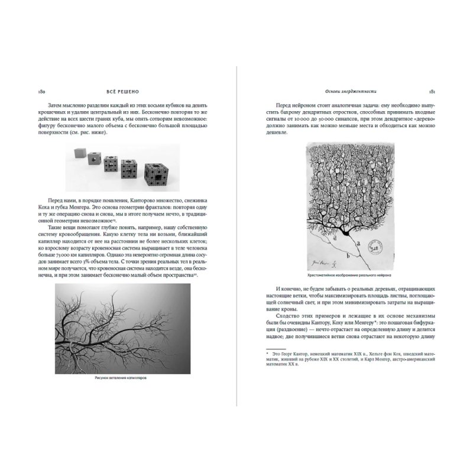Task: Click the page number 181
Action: (432, 92)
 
